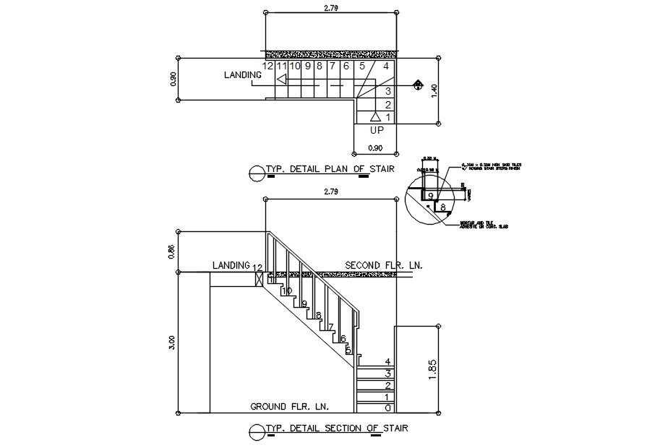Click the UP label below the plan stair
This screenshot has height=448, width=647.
(x=377, y=131)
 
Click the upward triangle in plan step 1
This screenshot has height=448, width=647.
(x=374, y=116)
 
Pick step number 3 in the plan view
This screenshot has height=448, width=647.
(x=388, y=91)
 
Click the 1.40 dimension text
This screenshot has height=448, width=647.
(x=435, y=90)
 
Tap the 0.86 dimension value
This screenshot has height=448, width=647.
(x=172, y=251)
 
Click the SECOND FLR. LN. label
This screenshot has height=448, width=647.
(x=383, y=265)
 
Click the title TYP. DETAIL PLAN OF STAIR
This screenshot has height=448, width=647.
(x=330, y=170)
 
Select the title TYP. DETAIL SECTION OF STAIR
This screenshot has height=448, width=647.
(x=335, y=428)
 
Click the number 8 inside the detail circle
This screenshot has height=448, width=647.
(x=442, y=207)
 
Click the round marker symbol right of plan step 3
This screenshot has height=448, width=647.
(x=418, y=85)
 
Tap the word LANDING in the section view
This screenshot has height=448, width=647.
(x=231, y=266)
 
